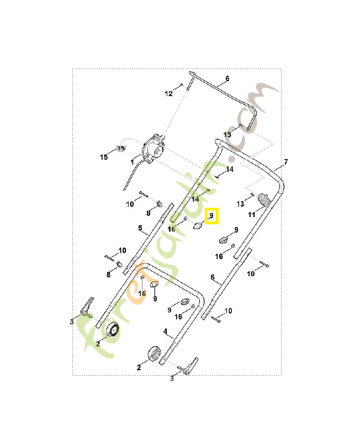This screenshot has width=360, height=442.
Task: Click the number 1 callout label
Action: coord(132,162)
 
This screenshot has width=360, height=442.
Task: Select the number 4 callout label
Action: coord(165,331)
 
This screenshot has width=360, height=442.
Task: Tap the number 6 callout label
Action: coord(227,79)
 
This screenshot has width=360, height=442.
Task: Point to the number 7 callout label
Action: coord(285,162)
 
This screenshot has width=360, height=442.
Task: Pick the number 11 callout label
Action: coord(252,214)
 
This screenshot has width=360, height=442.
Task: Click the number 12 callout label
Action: coord(169,94)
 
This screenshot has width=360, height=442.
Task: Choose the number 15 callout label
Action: coord(104,157)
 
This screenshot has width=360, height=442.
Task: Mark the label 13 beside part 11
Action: coord(241,204)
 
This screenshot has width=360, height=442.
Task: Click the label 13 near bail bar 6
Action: coord(227,134)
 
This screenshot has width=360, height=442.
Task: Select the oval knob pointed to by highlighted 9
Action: coord(197,225)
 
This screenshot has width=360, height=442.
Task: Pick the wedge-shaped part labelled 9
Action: coord(154,284)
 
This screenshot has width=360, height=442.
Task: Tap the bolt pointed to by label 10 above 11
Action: coord(263,264)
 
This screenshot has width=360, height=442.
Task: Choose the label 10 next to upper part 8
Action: coord(130,204)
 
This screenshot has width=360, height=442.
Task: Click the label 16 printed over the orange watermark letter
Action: coord(142,293)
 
